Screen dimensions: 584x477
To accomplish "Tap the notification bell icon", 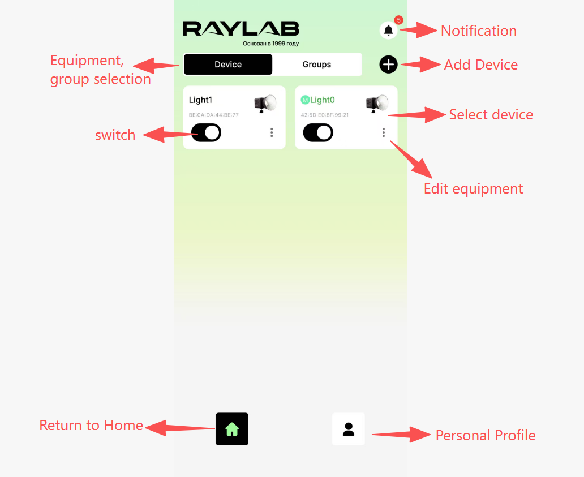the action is tap(388, 30).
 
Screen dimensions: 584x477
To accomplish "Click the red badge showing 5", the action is tap(398, 20).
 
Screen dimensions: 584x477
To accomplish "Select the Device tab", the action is tap(228, 65).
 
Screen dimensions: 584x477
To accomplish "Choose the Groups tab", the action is tap(316, 65).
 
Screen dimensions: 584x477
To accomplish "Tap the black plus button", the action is tap(388, 65).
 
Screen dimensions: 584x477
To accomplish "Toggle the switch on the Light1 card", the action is tap(206, 132).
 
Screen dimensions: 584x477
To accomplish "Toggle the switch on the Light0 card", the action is tap(317, 132).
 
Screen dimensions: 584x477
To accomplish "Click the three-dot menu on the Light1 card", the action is tap(272, 132).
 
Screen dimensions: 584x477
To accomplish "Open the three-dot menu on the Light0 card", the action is tap(384, 132).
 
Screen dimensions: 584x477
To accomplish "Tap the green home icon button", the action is tap(232, 429).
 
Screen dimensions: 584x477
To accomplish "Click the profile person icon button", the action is tap(349, 429).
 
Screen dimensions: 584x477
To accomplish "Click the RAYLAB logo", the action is tap(241, 29).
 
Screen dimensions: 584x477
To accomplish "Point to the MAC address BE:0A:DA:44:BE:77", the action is tap(214, 115).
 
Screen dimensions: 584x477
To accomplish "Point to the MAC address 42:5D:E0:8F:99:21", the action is tap(325, 115).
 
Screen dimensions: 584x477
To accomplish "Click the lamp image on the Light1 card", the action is tap(265, 104).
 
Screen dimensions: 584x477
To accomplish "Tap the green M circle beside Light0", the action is tap(305, 100).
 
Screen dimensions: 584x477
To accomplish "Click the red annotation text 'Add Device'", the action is tap(481, 65).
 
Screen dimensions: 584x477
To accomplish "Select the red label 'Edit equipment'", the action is tap(474, 189).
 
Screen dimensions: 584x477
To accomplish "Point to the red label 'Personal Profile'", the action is tap(486, 435).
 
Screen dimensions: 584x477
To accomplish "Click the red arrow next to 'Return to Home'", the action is tap(180, 427).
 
